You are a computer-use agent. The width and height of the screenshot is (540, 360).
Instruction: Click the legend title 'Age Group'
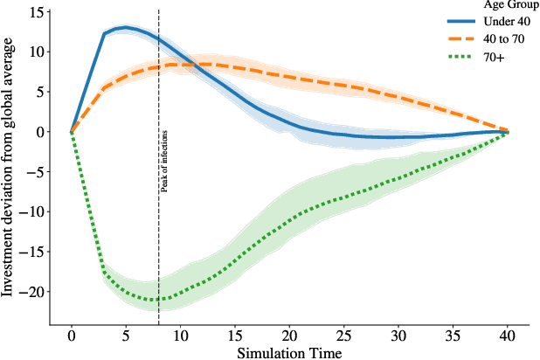click(x=496, y=4)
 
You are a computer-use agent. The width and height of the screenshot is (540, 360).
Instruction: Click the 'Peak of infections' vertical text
click(x=163, y=160)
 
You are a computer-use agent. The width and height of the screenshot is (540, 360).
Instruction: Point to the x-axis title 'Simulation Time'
click(x=289, y=351)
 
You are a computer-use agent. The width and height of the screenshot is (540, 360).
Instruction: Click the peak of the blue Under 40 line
click(x=126, y=28)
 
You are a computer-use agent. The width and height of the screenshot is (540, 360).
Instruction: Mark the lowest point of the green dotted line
click(x=156, y=300)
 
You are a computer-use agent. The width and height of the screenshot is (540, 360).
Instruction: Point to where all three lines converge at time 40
click(x=508, y=132)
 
